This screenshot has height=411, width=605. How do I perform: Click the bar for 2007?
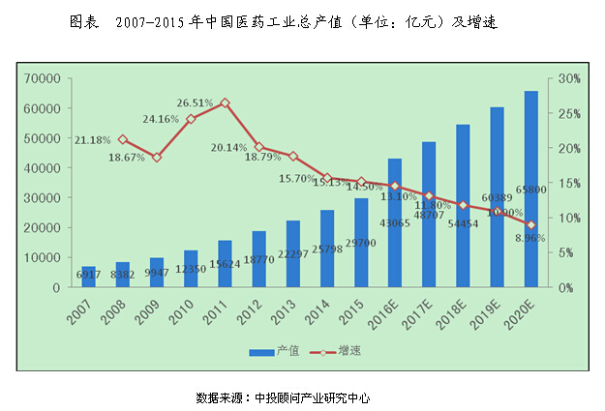click(88, 277)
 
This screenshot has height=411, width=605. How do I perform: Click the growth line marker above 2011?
click(225, 103)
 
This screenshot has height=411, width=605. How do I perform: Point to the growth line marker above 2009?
click(157, 157)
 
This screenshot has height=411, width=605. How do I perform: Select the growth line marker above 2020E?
click(530, 224)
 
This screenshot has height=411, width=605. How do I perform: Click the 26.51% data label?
click(196, 102)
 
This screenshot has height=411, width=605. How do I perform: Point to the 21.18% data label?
click(93, 140)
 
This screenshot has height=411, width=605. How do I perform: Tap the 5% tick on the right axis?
click(565, 252)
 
